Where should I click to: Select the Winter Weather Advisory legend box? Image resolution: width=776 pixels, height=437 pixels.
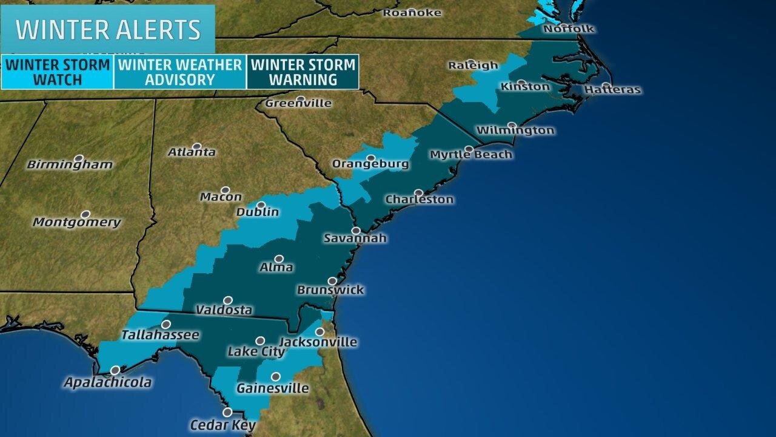(180, 72)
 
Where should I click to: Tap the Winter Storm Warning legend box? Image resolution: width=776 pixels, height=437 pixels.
(303, 72)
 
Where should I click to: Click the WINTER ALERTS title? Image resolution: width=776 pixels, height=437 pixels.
(108, 29)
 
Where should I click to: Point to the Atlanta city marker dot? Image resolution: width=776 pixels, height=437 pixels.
(196, 146)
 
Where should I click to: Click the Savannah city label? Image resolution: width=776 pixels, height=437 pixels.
(355, 239)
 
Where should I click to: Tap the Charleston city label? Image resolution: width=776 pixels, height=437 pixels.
(420, 200)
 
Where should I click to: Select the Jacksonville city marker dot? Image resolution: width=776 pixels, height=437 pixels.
(319, 331)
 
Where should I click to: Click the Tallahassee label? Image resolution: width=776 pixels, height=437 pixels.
(160, 334)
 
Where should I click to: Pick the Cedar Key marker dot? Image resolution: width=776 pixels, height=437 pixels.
(227, 412)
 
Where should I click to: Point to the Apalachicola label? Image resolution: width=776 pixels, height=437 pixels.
(109, 382)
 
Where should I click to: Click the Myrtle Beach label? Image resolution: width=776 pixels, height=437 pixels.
(471, 155)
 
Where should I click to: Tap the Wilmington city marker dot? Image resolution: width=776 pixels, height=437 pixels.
(512, 126)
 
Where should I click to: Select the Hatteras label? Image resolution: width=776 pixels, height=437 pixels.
(612, 90)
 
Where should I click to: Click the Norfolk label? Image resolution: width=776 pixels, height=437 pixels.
(569, 29)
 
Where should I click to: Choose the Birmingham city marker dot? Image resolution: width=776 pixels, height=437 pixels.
(78, 158)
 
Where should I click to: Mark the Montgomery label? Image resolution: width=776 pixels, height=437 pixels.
(77, 222)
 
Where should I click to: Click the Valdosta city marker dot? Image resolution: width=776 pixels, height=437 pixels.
(228, 300)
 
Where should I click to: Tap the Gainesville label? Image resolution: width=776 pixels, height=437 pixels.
(272, 388)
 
